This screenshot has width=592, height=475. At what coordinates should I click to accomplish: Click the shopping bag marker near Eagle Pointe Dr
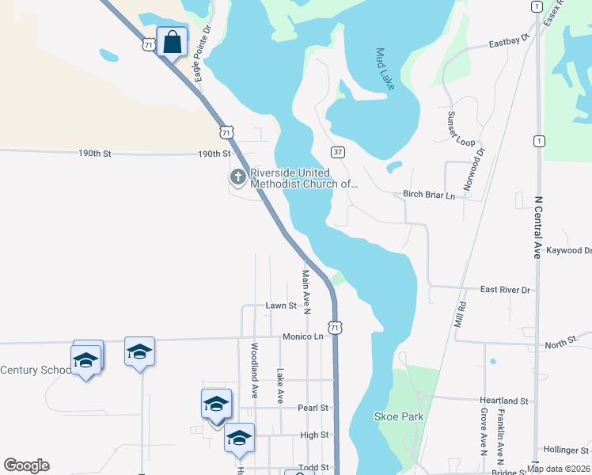click(x=173, y=42)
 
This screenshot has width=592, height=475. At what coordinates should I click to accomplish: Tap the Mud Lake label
click(x=385, y=69)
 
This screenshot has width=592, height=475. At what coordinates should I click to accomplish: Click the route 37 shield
click(x=338, y=151)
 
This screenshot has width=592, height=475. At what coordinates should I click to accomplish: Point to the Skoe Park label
click(x=398, y=416)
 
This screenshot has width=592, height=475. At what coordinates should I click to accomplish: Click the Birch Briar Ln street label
click(x=430, y=195)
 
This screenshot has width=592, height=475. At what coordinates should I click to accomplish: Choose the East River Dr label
click(x=505, y=290)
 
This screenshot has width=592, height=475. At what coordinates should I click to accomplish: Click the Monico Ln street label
click(x=303, y=336)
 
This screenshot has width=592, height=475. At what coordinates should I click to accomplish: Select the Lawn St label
click(x=281, y=305)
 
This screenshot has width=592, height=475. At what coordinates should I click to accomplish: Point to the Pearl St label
click(x=313, y=408)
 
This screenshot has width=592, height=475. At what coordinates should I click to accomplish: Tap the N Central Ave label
click(x=538, y=228)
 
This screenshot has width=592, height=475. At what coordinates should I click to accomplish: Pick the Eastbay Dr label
click(x=508, y=42)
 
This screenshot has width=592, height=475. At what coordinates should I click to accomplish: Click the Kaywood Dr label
click(x=568, y=250)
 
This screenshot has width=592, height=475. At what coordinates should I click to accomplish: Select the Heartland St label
click(x=503, y=401)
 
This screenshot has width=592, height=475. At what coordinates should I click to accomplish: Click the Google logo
click(x=26, y=465)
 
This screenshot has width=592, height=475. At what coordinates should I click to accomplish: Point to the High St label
click(x=314, y=435)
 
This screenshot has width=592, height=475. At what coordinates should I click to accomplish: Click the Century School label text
click(x=36, y=370)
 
